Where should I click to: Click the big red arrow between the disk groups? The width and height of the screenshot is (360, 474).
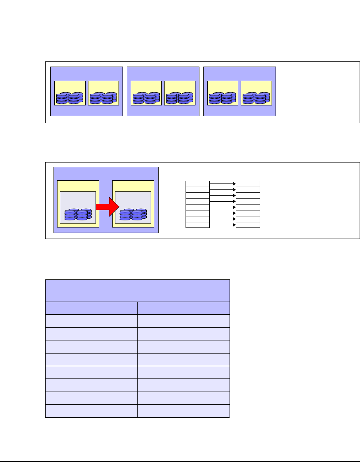pos(107,206)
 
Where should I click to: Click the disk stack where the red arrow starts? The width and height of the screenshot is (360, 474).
pos(78,214)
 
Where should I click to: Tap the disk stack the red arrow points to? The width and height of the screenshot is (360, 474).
pos(133,214)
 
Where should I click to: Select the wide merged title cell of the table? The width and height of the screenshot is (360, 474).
pos(137,291)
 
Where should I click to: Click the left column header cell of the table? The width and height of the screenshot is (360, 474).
pos(91,308)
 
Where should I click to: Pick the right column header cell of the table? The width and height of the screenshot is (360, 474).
pos(183,308)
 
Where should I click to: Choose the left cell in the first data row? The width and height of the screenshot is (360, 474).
pos(91,321)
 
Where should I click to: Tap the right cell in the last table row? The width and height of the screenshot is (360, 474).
pos(183,411)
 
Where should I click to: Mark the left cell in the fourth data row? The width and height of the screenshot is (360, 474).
pos(91,359)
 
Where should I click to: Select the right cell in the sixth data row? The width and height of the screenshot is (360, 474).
pos(183,385)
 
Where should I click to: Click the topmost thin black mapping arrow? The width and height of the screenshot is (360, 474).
pos(222,184)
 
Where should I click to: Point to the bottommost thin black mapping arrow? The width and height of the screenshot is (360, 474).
pos(222,225)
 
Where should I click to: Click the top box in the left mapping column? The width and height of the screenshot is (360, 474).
pos(197,183)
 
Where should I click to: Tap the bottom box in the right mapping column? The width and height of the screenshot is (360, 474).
pos(248,225)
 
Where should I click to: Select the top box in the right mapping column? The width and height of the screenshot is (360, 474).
pos(248,183)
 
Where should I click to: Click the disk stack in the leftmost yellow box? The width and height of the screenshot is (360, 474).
pos(70,98)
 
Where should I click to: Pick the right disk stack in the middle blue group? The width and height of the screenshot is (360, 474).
pos(180,98)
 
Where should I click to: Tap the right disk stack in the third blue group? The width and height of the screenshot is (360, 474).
pos(256,98)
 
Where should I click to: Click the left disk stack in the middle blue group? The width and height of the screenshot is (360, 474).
pos(146,98)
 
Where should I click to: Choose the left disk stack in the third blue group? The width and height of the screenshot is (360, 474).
pos(223,98)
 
